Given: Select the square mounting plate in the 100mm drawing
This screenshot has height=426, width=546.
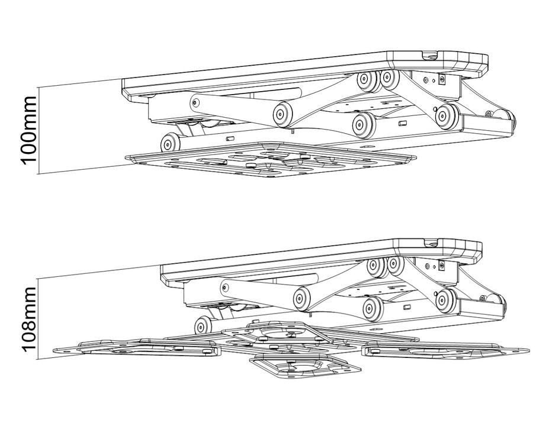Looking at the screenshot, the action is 271,159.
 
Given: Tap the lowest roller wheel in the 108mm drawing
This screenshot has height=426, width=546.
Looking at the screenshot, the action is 203,326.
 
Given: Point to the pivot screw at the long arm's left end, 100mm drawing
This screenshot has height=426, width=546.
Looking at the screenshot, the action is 195,102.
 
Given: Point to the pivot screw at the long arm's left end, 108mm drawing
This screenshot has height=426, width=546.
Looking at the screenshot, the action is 225,288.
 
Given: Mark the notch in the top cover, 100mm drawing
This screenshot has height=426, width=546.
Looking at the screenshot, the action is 432,55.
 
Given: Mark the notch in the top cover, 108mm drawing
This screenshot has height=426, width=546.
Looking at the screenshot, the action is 433,241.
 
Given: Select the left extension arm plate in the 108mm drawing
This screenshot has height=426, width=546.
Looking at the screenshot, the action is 137,348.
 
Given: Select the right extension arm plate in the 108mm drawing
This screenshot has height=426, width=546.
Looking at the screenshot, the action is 446,350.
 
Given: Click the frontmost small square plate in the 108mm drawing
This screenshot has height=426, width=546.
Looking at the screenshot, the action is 306,366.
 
